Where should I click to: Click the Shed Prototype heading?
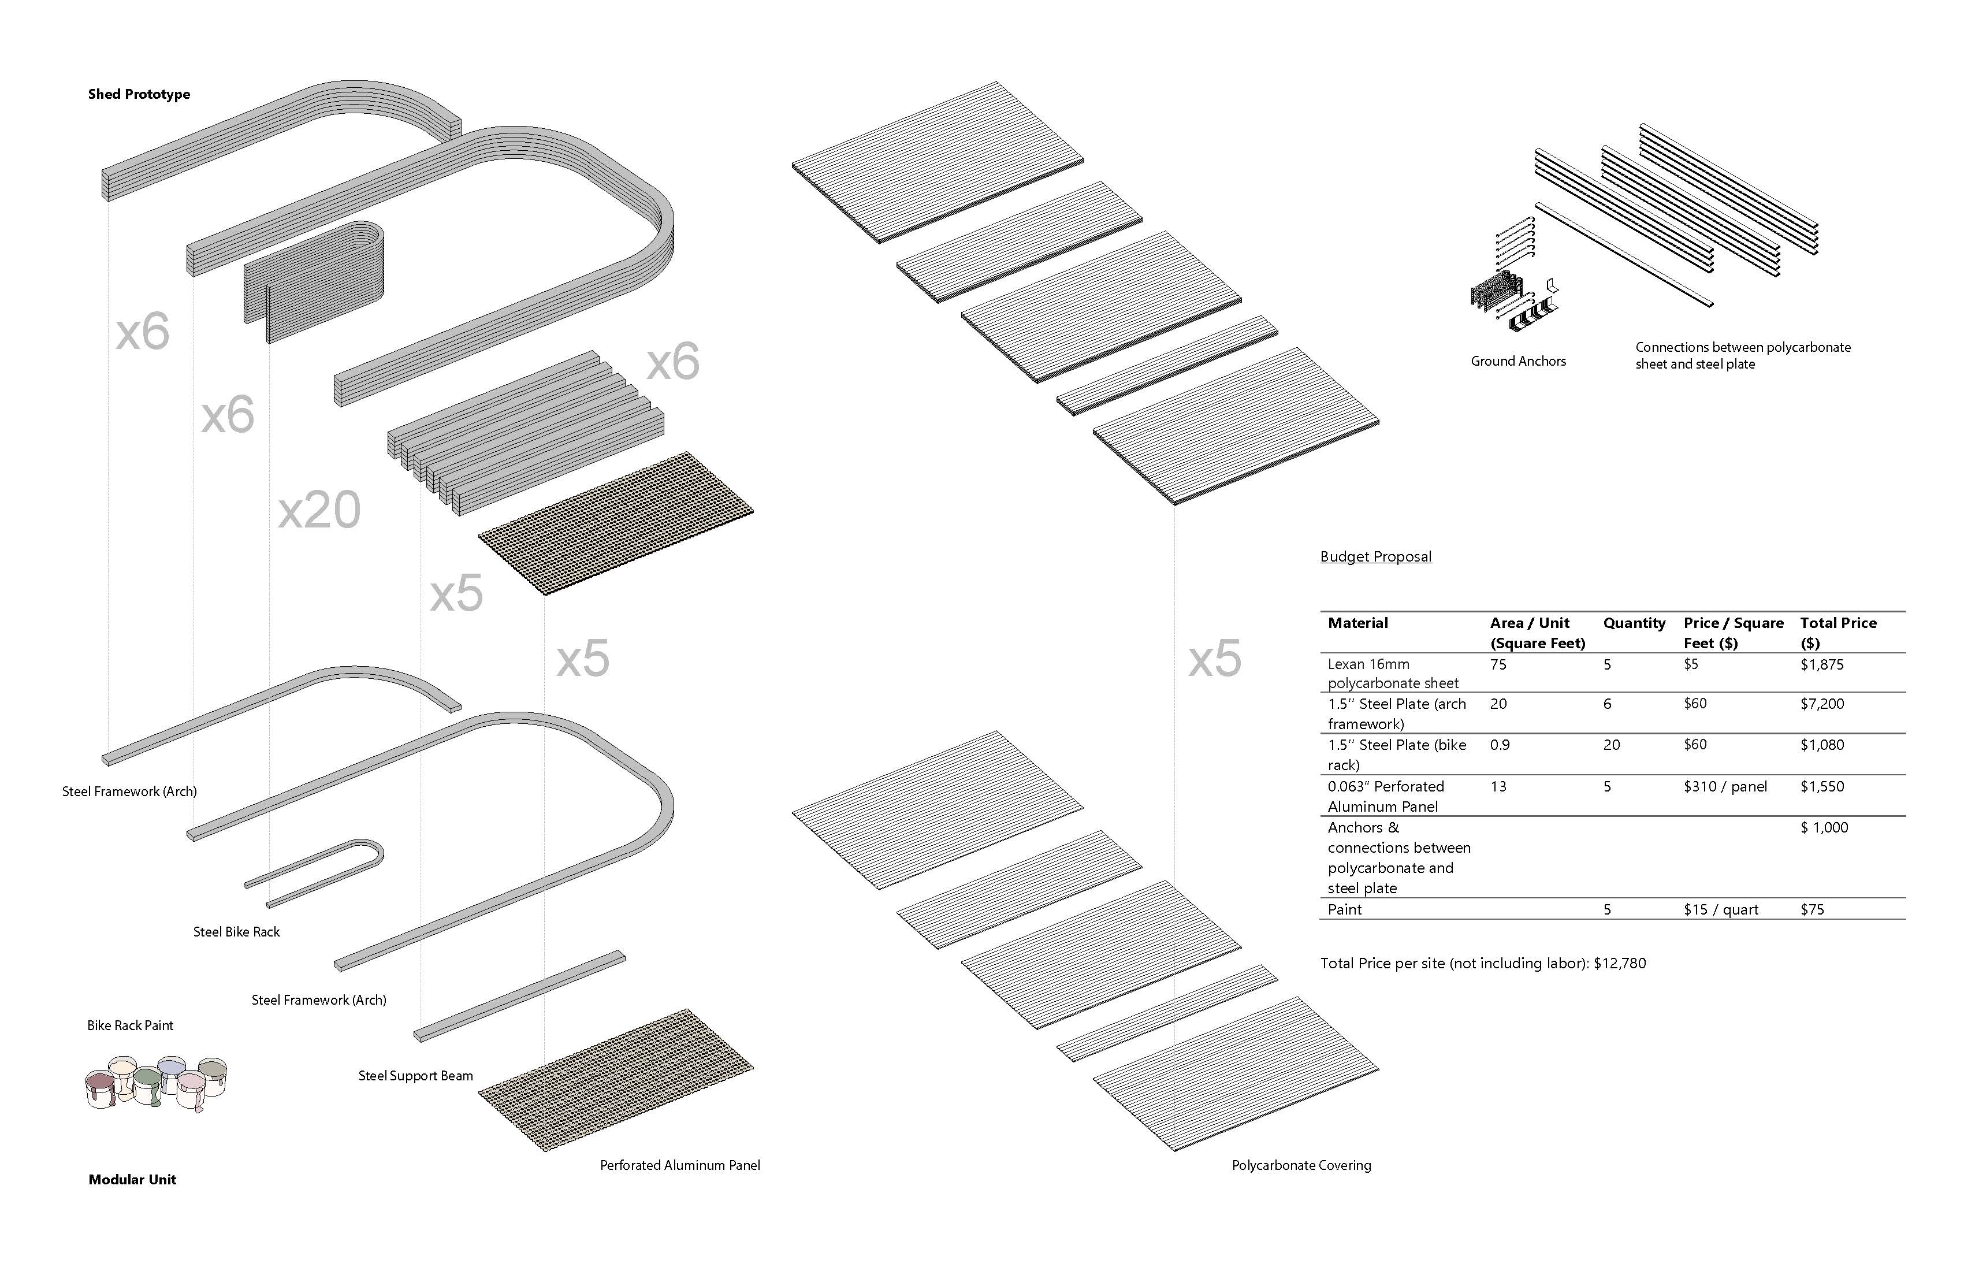pos(139,94)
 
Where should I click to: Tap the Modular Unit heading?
pos(132,1179)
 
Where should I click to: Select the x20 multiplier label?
pos(319,510)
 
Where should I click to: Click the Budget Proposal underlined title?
pos(1375,556)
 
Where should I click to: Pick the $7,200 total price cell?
pos(1822,704)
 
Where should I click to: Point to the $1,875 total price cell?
pos(1822,664)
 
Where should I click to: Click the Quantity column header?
pos(1634,623)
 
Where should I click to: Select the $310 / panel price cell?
pos(1725,786)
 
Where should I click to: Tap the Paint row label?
pos(1345,909)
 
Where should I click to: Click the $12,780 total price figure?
pos(1620,963)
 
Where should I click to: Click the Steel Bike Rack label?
pos(237,932)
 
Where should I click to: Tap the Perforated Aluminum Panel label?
pos(680,1165)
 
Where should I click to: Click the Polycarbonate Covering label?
pos(1301,1165)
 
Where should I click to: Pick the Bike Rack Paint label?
pos(131,1025)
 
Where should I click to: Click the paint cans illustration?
pos(156,1082)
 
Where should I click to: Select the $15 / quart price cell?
pos(1721,909)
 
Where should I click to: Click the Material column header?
pos(1358,623)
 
